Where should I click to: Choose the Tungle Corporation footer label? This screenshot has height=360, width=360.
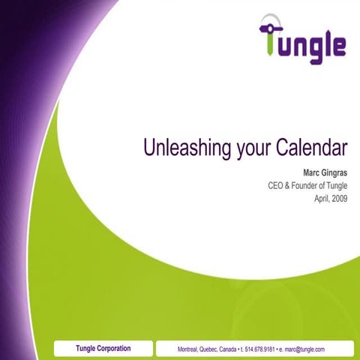point(103,348)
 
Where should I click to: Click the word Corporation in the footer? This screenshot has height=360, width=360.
point(114,348)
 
